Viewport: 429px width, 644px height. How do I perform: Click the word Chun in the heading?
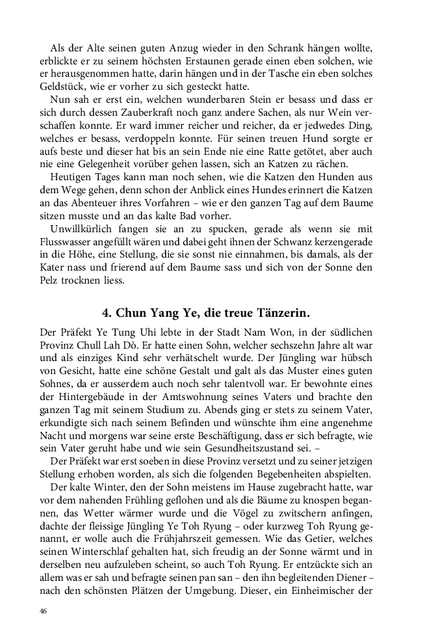133,310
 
